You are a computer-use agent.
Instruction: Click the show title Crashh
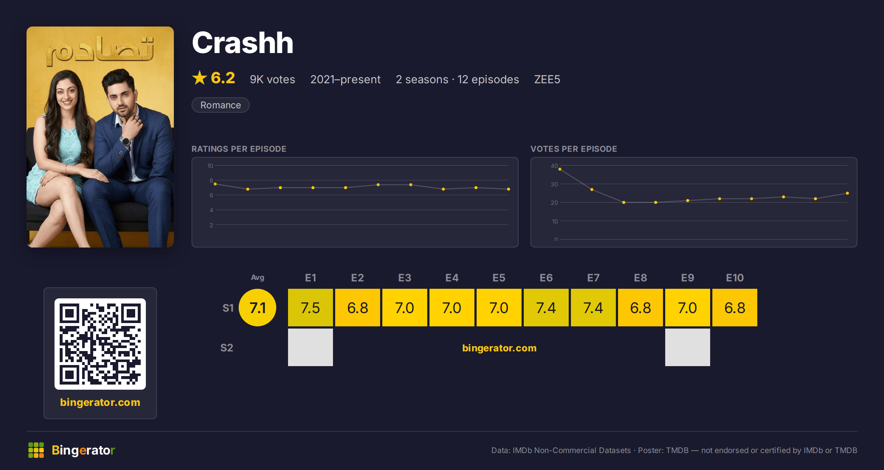(243, 43)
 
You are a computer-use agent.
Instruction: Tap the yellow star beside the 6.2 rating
(200, 78)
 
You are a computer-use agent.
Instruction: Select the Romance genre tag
(221, 105)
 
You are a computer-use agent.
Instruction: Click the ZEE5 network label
(547, 79)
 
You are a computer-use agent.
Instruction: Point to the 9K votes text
(273, 79)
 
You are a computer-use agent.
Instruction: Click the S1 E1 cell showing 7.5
(311, 308)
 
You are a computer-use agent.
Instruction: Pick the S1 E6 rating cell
(546, 308)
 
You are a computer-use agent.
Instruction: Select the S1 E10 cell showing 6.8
(735, 308)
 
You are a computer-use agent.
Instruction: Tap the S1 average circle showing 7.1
(257, 308)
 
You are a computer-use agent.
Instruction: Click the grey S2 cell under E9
(688, 347)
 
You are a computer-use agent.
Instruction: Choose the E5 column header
(499, 278)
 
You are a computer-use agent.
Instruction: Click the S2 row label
(227, 348)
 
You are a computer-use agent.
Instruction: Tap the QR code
(100, 344)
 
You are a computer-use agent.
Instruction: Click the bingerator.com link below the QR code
(100, 402)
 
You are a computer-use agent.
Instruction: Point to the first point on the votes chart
(560, 169)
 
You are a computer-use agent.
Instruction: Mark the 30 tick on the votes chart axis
(554, 184)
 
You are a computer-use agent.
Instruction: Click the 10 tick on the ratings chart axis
(210, 166)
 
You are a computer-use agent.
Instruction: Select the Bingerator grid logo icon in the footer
(36, 450)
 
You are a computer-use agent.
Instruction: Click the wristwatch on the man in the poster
(126, 141)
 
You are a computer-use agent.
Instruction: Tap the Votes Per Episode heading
(574, 149)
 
